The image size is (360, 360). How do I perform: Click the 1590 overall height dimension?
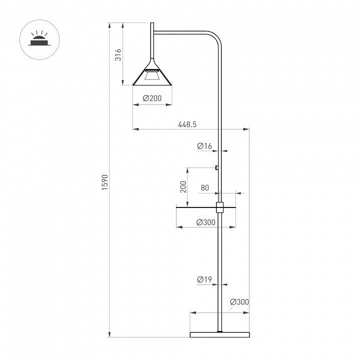click(x=104, y=182)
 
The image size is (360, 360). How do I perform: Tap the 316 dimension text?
click(x=118, y=54)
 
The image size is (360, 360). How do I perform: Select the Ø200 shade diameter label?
click(x=152, y=98)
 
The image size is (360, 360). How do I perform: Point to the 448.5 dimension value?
click(x=187, y=124)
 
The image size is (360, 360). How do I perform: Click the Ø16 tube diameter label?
click(x=204, y=146)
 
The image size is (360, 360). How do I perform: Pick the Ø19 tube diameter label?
click(x=204, y=279)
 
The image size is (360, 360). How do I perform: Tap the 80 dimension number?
click(x=205, y=188)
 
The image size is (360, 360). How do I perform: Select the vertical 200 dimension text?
click(x=183, y=187)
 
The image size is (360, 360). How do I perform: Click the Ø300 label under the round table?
click(x=206, y=222)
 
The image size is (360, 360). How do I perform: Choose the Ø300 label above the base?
click(x=239, y=301)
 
